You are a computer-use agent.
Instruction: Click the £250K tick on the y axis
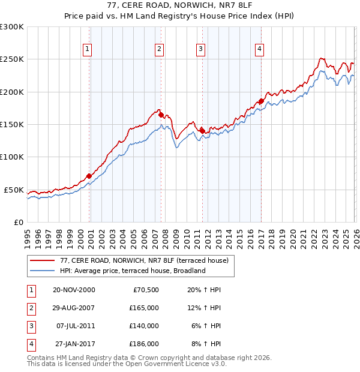coord(12,59)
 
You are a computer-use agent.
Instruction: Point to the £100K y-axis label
coord(12,157)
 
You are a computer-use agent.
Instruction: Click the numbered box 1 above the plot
coord(88,49)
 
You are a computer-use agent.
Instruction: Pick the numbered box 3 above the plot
coord(200,49)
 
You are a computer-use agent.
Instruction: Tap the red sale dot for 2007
coord(161,115)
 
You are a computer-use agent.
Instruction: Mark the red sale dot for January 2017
coord(261,101)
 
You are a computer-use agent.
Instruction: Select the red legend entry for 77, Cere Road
coord(144,260)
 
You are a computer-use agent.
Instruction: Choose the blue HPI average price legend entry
coord(133,271)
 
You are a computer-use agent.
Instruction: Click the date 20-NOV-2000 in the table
coord(74,290)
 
